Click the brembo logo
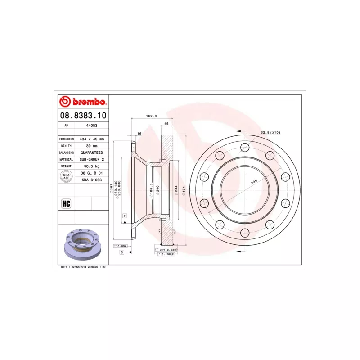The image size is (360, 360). (x=83, y=101)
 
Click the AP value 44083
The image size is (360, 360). (x=92, y=126)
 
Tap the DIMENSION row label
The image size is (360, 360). (x=66, y=139)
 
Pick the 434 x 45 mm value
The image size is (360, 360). (x=92, y=139)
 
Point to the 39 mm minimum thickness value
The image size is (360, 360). (x=92, y=146)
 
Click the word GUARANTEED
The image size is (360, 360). (x=92, y=153)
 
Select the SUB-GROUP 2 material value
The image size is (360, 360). (x=92, y=160)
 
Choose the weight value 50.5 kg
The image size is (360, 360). (x=92, y=166)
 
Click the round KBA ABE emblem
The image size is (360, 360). (x=66, y=176)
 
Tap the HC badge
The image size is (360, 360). (x=66, y=203)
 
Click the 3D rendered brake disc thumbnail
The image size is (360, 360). (x=84, y=244)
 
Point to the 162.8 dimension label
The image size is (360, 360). (x=151, y=116)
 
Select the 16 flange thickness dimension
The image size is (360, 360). (x=139, y=134)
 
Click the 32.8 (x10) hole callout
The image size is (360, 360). (x=270, y=133)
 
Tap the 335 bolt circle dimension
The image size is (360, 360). (x=254, y=182)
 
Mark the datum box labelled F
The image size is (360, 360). (x=124, y=216)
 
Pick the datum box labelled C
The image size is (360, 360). (x=121, y=252)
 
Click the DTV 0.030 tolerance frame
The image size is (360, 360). (x=167, y=249)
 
